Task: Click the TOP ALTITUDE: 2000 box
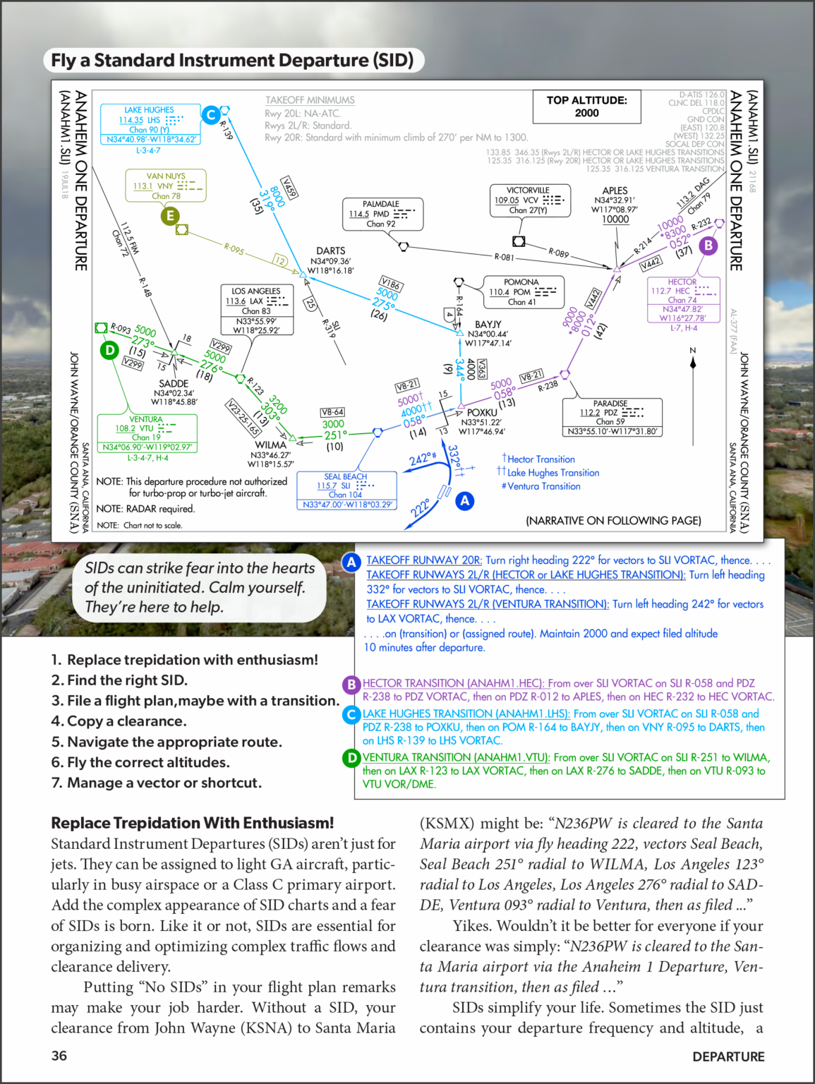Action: point(586,107)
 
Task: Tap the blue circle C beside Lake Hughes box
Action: point(210,115)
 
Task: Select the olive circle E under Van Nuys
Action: point(169,216)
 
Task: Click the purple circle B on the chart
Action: point(708,246)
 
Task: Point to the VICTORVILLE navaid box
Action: point(528,200)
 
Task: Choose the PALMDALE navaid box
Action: point(381,214)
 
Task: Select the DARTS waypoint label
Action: point(330,251)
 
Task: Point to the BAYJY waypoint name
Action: point(488,325)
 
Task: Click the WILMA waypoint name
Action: point(270,445)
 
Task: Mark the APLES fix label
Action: point(615,191)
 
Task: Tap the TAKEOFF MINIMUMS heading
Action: point(310,100)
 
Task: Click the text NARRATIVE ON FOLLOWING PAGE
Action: point(613,521)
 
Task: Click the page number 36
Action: point(59,1056)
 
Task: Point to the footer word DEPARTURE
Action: point(728,1056)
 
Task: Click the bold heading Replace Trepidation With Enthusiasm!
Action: point(193,823)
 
